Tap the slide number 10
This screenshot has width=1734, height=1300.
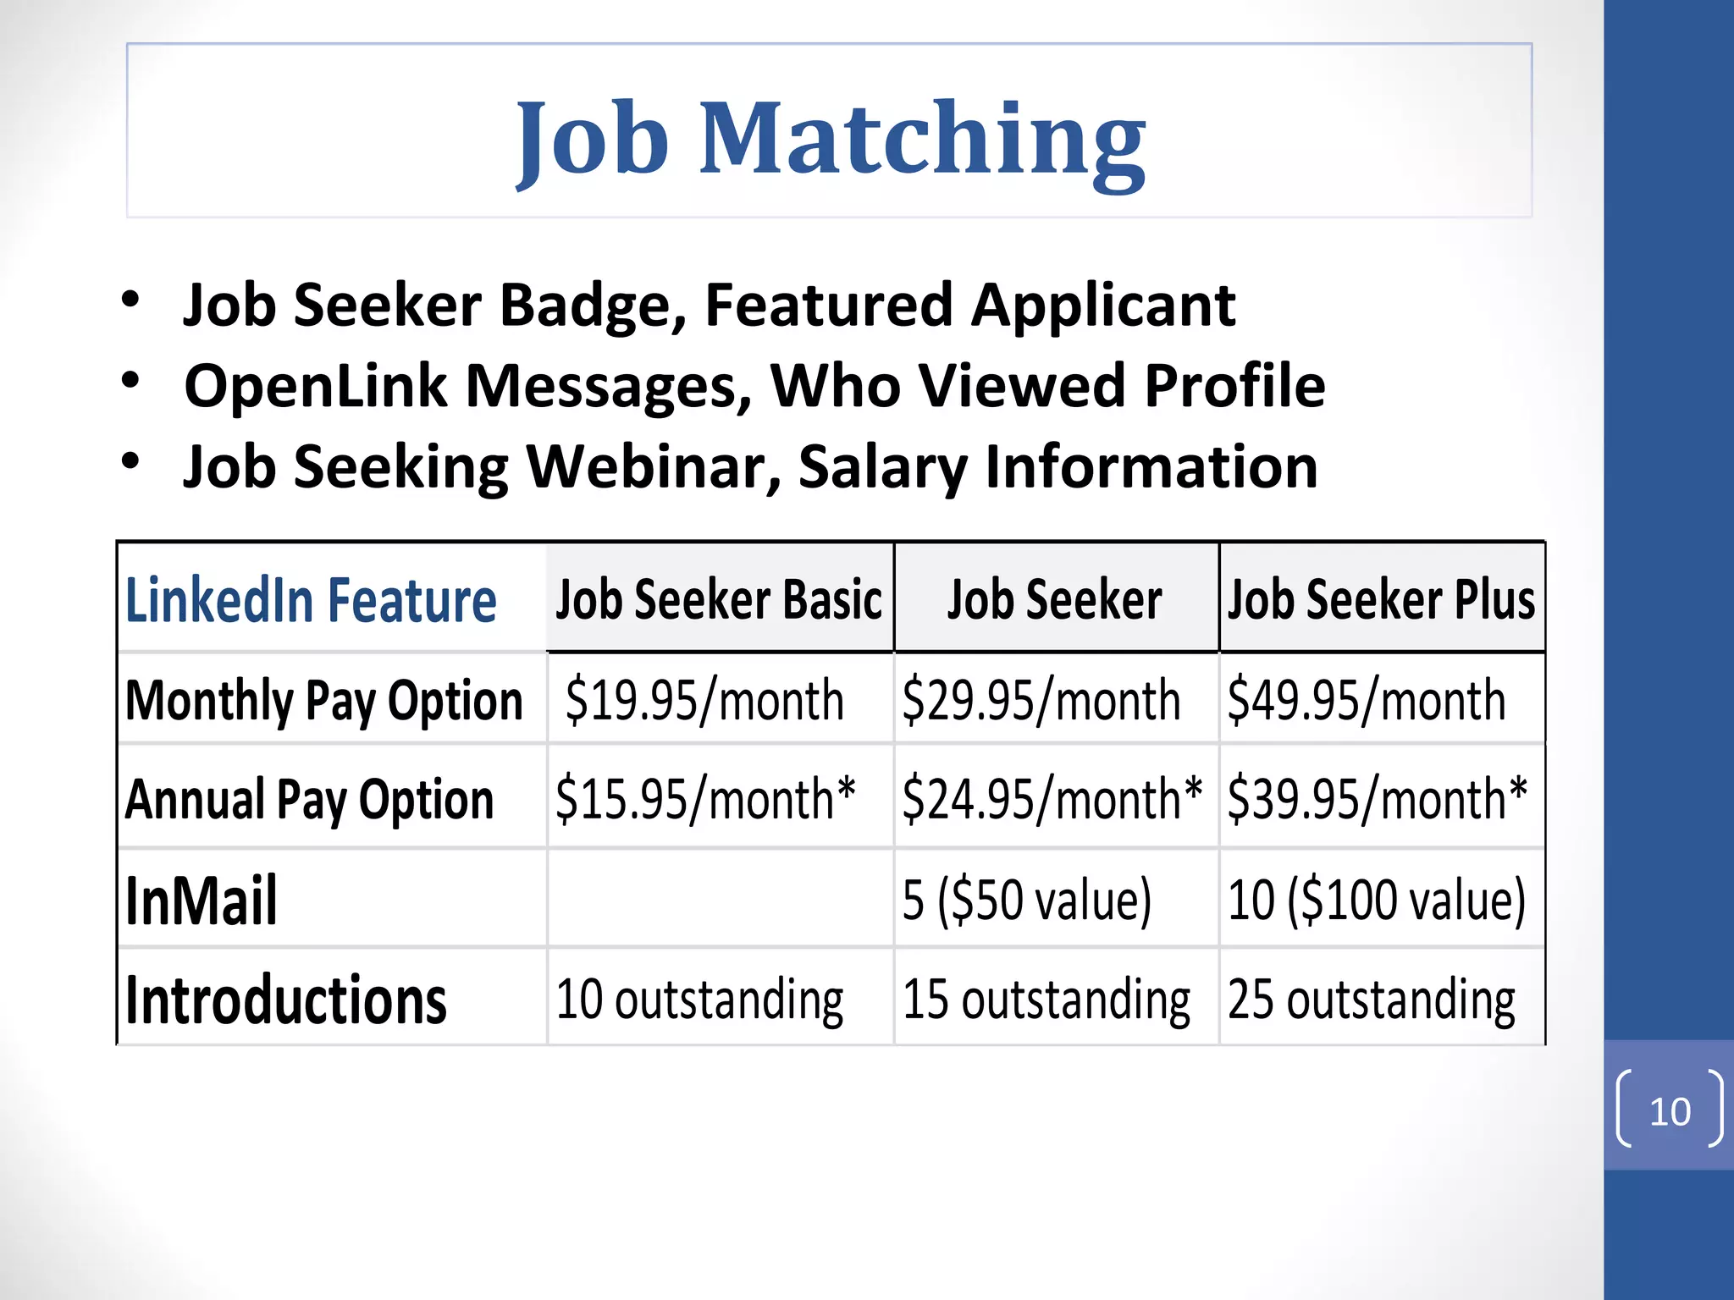point(1669,1111)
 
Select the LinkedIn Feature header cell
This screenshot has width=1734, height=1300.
point(311,600)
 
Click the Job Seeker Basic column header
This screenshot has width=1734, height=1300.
point(719,600)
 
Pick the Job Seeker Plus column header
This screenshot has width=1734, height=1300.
point(1381,600)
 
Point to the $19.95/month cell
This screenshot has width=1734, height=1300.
point(704,701)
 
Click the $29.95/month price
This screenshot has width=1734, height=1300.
point(1041,701)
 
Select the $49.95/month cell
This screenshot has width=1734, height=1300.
point(1366,701)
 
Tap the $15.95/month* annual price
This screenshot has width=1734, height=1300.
point(705,799)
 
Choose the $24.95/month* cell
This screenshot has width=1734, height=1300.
point(1052,799)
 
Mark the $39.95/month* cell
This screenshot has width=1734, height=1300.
point(1377,799)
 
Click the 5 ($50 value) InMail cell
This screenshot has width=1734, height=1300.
point(1026,900)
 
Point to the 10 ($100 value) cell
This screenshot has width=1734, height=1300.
point(1376,900)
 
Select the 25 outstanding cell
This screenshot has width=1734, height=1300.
point(1371,1000)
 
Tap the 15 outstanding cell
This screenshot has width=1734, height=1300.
point(1046,1000)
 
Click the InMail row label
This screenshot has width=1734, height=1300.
point(201,901)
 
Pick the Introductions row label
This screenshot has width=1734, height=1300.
point(285,1000)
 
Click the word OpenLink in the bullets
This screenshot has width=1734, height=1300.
point(315,386)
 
